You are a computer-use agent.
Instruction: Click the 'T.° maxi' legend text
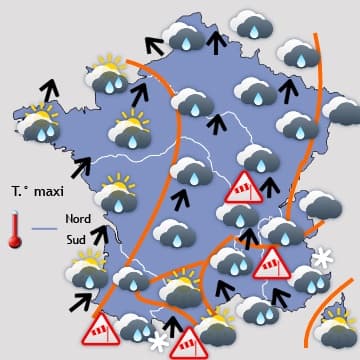point(37,189)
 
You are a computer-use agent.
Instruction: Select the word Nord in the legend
point(77,218)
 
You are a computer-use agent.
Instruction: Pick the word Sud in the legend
point(75,240)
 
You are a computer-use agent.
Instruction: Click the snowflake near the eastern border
point(322,259)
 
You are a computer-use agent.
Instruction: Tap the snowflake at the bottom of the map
point(158,341)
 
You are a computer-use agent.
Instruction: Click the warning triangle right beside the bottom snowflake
point(187,342)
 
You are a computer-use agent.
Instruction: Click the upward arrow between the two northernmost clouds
point(215,41)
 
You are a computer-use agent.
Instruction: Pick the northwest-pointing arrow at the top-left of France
point(153,44)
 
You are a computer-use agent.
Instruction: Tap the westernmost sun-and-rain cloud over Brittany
point(40,125)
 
